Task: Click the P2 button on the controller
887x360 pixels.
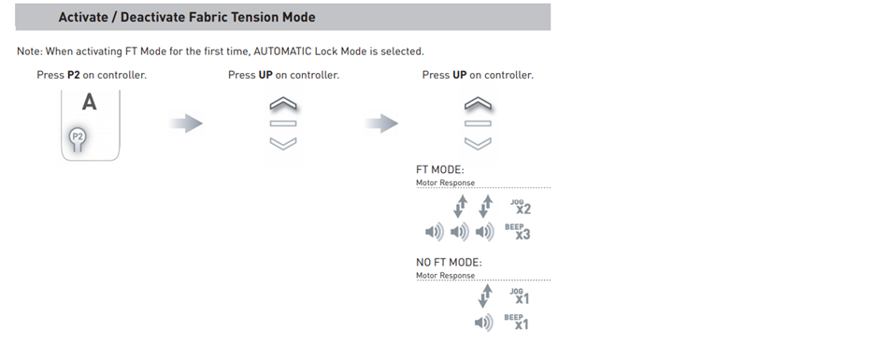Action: [x=78, y=137]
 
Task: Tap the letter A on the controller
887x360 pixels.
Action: [x=90, y=103]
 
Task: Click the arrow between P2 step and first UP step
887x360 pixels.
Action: [x=186, y=123]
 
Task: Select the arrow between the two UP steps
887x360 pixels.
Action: [x=381, y=123]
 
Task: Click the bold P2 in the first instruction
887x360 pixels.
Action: [x=74, y=75]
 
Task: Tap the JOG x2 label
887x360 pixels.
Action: [x=521, y=207]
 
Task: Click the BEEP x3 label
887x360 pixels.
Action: [x=518, y=232]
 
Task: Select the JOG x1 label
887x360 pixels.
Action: [x=520, y=296]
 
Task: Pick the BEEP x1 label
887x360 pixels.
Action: [x=517, y=322]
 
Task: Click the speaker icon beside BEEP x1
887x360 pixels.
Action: [x=483, y=323]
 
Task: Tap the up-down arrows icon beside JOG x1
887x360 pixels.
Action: [x=485, y=296]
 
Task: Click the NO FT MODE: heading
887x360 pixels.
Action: [x=449, y=263]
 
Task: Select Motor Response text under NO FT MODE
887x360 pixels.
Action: [x=445, y=276]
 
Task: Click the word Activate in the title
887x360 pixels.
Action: [x=83, y=17]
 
